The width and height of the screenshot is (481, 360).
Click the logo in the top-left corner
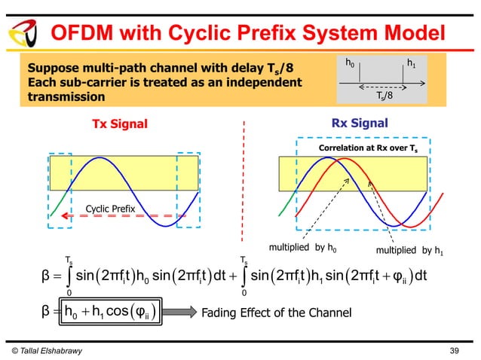coord(20,33)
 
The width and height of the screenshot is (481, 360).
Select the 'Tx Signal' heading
coord(120,124)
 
